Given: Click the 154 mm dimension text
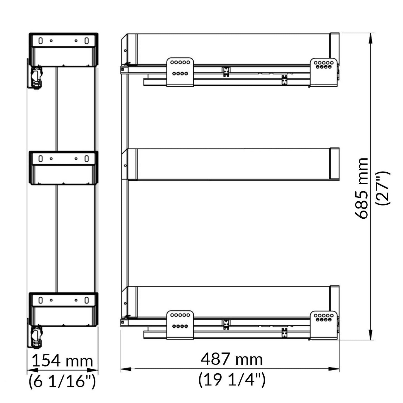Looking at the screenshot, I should pyautogui.click(x=62, y=361).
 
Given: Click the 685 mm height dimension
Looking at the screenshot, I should pyautogui.click(x=361, y=188).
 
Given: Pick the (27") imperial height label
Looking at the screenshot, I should pyautogui.click(x=383, y=188).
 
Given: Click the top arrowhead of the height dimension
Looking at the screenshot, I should pyautogui.click(x=371, y=38).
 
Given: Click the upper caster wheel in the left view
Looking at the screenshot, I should pyautogui.click(x=36, y=78).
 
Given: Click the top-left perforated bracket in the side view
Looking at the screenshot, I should pyautogui.click(x=180, y=72).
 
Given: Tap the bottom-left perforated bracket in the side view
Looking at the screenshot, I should pyautogui.click(x=180, y=325).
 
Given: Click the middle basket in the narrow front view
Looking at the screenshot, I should pyautogui.click(x=63, y=168).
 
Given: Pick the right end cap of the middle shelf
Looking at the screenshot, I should pyautogui.click(x=334, y=164).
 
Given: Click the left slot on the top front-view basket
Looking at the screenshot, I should pyautogui.click(x=40, y=41).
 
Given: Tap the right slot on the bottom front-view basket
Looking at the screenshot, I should pyautogui.click(x=86, y=300).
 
